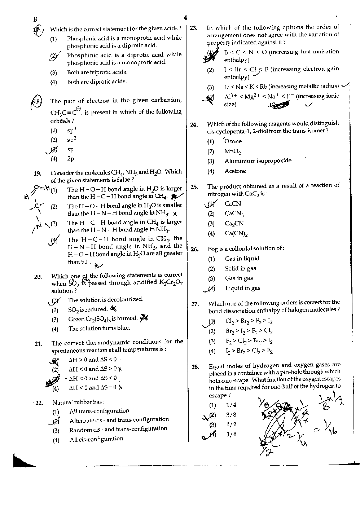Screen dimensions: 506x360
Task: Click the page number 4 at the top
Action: point(185,17)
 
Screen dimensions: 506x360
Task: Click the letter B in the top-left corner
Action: point(35,19)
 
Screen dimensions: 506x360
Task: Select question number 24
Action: point(194,125)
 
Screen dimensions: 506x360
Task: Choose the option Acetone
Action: point(235,171)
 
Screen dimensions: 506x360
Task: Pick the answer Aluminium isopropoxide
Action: point(258,161)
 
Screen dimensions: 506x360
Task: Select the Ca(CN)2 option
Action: point(236,233)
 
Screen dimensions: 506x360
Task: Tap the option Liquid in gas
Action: point(242,288)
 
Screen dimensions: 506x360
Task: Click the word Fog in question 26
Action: point(212,249)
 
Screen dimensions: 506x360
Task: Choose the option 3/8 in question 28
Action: point(231,415)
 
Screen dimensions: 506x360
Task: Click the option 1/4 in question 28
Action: point(231,405)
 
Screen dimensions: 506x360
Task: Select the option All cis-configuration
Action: point(96,439)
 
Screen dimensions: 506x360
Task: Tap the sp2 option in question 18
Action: point(71,140)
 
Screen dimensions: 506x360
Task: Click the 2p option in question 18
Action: point(71,159)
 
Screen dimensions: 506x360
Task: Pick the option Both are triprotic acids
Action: point(97,72)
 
